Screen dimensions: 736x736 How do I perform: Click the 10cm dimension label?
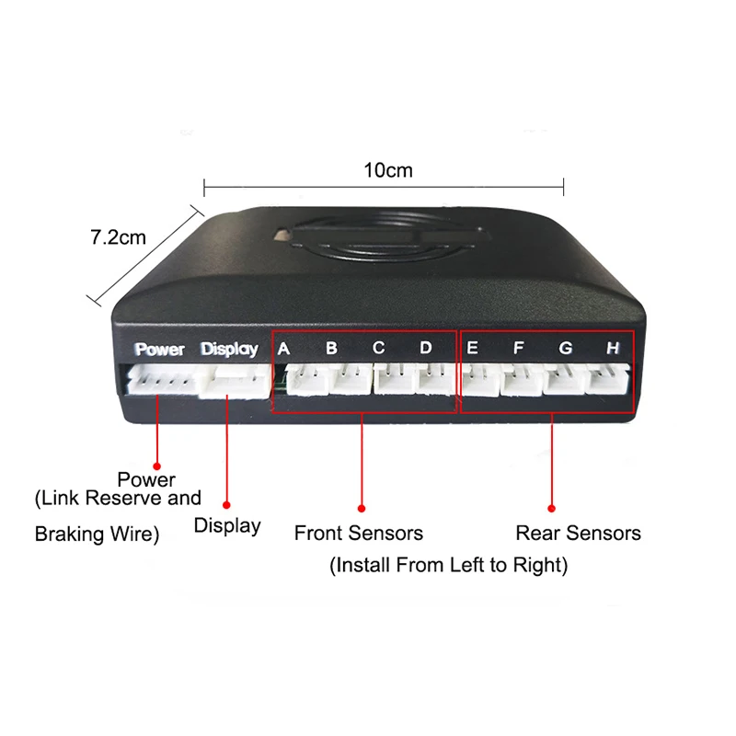pyautogui.click(x=388, y=170)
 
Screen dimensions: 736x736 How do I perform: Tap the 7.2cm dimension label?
pyautogui.click(x=119, y=237)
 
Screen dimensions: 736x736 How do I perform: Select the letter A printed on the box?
pyautogui.click(x=283, y=349)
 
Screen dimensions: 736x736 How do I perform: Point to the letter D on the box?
pyautogui.click(x=426, y=348)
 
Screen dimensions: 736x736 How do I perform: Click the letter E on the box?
pyautogui.click(x=472, y=348)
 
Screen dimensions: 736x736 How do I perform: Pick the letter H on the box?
pyautogui.click(x=613, y=348)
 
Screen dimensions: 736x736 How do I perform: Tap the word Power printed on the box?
pyautogui.click(x=159, y=350)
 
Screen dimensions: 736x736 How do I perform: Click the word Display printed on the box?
pyautogui.click(x=229, y=350)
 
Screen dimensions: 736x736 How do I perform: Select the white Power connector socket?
pyautogui.click(x=163, y=379)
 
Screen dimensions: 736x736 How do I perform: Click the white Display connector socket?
pyautogui.click(x=235, y=382)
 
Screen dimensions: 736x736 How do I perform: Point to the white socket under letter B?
pyautogui.click(x=351, y=379)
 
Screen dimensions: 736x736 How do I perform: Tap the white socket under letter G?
pyautogui.click(x=565, y=379)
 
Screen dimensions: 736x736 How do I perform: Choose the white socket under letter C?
pyautogui.click(x=395, y=379)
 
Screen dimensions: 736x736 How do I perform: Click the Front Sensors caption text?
pyautogui.click(x=359, y=534)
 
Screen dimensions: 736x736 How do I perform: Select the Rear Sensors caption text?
pyautogui.click(x=579, y=534)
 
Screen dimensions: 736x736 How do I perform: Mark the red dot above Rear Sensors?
pyautogui.click(x=551, y=509)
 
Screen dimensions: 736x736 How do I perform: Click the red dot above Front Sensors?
pyautogui.click(x=362, y=509)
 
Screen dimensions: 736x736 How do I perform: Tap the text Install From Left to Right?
pyautogui.click(x=449, y=565)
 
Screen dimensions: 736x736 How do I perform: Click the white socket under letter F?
pyautogui.click(x=523, y=379)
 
